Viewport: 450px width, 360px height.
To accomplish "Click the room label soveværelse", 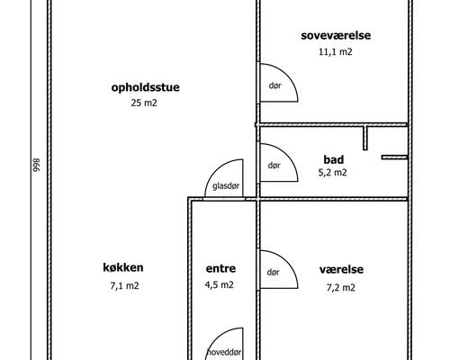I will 336,35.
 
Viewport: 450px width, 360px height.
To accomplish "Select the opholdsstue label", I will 142,87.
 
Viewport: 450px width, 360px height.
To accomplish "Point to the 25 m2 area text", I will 144,103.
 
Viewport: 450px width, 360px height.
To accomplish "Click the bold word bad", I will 334,157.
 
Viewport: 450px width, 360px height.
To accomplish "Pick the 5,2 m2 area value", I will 332,172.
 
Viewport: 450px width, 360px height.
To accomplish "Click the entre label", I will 220,268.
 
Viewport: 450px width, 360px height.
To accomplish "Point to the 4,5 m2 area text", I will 220,286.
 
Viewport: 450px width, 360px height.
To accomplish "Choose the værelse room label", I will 340,269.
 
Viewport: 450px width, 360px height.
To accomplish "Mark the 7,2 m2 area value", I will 340,288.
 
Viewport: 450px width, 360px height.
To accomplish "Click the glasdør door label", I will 226,186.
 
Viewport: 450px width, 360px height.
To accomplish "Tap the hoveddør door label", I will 224,352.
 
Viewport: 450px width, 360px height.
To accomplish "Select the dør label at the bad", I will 274,166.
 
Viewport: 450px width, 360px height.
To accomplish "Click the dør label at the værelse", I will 274,274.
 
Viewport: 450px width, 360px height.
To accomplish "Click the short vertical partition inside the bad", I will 366,139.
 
